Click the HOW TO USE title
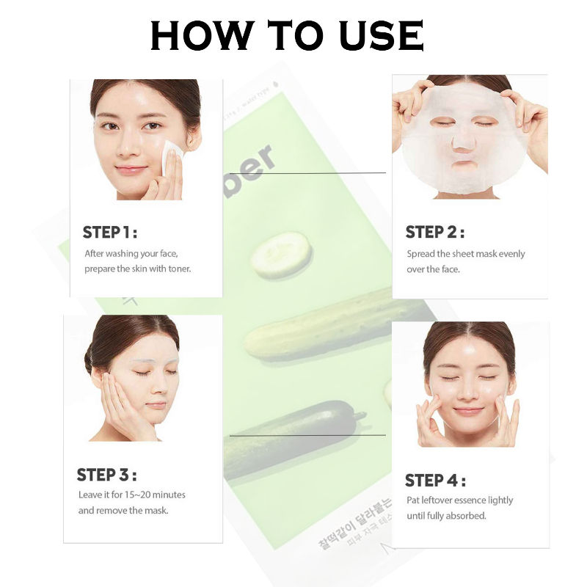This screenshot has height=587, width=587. (x=287, y=35)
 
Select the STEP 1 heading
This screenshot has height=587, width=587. (x=109, y=233)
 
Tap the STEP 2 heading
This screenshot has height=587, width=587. (x=435, y=233)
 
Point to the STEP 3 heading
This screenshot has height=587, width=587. (x=106, y=475)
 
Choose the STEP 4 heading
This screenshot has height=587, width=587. (x=435, y=481)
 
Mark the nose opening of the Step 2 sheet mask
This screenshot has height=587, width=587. (x=462, y=147)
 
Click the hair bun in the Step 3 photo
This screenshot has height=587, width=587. (x=90, y=360)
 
